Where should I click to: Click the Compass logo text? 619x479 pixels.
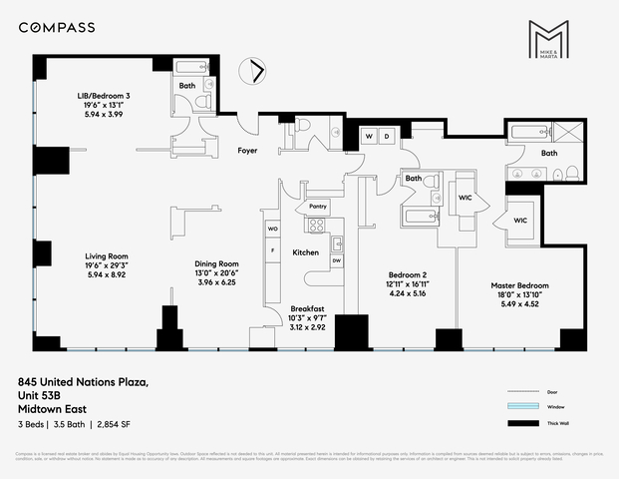(x=57, y=27)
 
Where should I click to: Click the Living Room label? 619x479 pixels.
(x=105, y=256)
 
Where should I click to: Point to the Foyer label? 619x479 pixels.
(x=249, y=151)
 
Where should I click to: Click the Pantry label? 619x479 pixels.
(x=318, y=207)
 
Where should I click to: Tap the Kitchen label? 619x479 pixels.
(x=305, y=252)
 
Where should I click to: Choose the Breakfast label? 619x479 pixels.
(x=307, y=308)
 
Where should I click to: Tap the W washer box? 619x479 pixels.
(x=369, y=135)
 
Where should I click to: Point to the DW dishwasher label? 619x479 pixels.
(x=336, y=260)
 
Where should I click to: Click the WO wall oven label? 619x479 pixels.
(x=272, y=229)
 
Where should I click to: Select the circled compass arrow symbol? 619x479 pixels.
(x=258, y=70)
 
